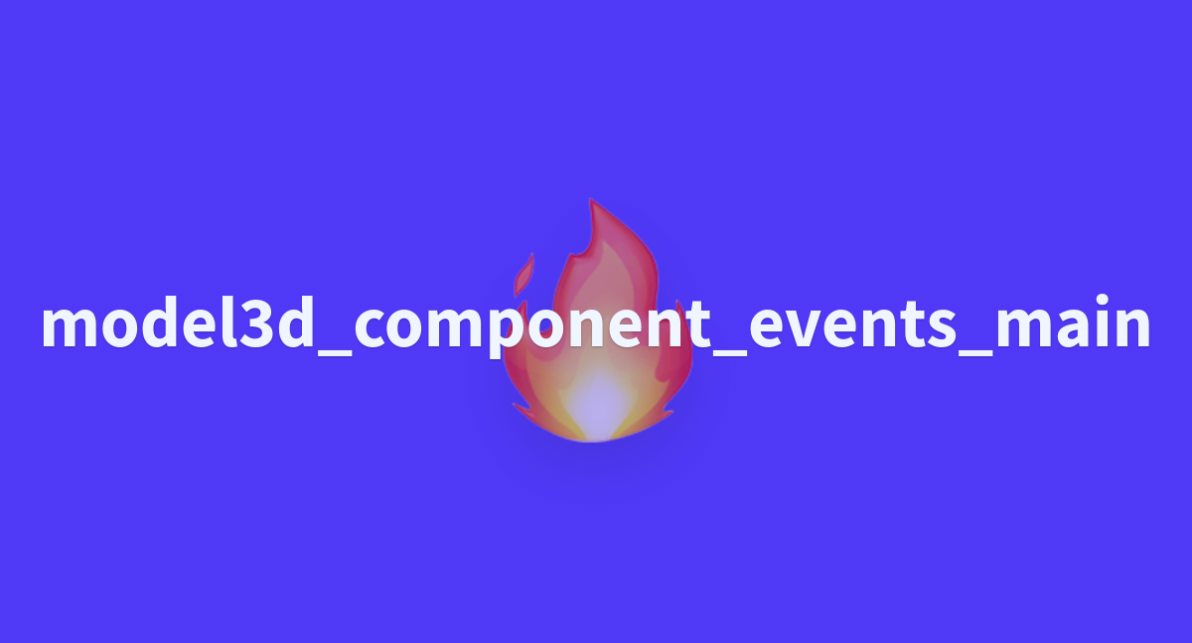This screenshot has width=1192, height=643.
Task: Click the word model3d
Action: pos(178,322)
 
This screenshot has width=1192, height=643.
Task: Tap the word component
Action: pos(532,326)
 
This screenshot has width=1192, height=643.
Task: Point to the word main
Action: pos(1073,321)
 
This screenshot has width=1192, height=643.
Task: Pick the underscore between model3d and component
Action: pos(334,353)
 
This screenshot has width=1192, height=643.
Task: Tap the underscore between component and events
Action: pos(730,353)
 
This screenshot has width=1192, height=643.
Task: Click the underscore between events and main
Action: pos(975,353)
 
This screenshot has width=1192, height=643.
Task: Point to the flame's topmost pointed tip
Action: pos(591,199)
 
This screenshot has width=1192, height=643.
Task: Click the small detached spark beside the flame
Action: pos(523,275)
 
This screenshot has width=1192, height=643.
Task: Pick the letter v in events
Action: pos(814,325)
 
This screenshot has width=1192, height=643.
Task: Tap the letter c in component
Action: pos(370,325)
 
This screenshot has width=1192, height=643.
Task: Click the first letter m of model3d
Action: pos(70,325)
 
